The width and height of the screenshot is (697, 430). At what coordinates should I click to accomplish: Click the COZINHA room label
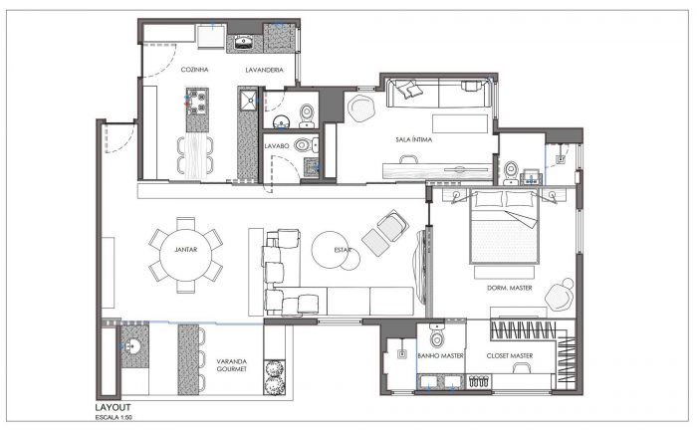(x=195, y=70)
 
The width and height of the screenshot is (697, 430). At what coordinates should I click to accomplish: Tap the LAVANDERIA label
(x=265, y=70)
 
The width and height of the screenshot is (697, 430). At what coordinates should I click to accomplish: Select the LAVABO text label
(x=277, y=145)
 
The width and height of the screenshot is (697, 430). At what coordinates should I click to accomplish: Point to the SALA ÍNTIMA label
(x=414, y=139)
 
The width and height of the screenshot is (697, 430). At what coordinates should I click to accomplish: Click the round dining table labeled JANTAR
(x=186, y=255)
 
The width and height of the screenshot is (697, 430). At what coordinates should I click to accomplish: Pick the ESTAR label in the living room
(x=343, y=250)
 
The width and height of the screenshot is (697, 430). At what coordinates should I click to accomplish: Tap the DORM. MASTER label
(x=510, y=288)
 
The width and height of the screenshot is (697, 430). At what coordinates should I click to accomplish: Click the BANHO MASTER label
(x=440, y=355)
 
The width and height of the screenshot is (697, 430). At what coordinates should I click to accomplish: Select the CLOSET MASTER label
(x=510, y=355)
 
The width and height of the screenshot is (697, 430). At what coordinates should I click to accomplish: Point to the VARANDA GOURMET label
(x=232, y=365)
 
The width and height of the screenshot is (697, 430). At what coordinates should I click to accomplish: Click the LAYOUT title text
(x=113, y=407)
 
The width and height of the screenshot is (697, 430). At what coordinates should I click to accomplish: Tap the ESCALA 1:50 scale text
(x=114, y=417)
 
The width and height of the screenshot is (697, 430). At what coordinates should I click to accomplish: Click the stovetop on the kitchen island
(x=197, y=102)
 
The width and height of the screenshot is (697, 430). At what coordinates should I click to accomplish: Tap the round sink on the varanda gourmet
(x=132, y=346)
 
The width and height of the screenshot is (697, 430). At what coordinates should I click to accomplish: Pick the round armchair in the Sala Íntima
(x=361, y=107)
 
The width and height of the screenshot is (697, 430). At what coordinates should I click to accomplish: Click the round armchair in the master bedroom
(x=561, y=295)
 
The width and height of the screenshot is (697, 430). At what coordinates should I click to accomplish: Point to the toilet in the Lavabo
(x=306, y=144)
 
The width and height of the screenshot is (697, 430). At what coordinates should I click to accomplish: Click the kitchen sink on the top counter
(x=243, y=43)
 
